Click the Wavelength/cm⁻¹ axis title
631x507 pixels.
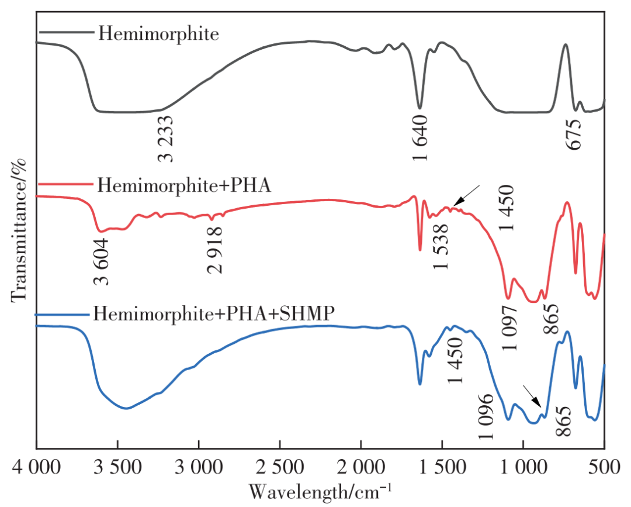point(321,490)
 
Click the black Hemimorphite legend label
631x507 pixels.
point(158,33)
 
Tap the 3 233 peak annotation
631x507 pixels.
point(165,138)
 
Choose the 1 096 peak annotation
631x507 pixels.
point(487,418)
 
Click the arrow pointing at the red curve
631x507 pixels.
point(467,195)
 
